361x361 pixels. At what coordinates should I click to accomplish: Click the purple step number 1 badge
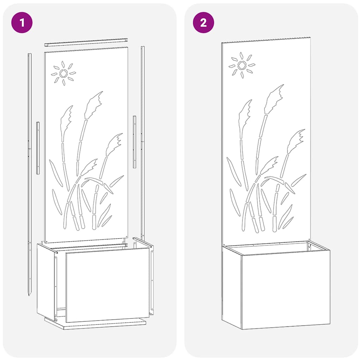click(22, 23)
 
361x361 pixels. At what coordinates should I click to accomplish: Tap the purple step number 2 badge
click(203, 23)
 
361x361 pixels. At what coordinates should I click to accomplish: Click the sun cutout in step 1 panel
click(63, 73)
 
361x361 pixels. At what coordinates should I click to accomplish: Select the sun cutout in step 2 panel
click(241, 65)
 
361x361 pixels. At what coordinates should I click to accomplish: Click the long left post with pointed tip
click(30, 169)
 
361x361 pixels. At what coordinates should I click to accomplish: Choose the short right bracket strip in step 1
click(134, 141)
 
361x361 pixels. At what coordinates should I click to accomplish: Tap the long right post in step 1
click(142, 141)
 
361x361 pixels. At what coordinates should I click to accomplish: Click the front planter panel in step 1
click(107, 284)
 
